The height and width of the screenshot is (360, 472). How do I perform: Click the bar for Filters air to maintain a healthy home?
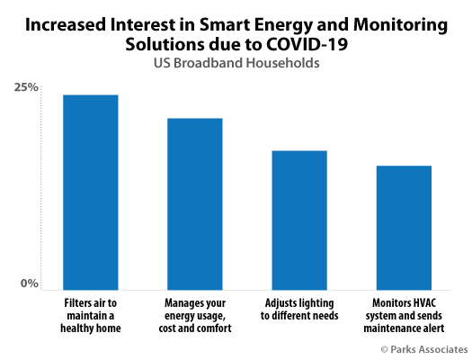click(91, 193)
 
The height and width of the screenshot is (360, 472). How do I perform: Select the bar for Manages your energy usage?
click(195, 204)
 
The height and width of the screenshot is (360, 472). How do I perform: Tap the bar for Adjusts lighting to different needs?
click(299, 220)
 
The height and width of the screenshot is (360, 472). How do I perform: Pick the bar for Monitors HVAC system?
click(404, 228)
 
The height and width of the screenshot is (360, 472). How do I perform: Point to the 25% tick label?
click(26, 87)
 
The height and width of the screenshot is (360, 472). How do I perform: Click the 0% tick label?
click(30, 283)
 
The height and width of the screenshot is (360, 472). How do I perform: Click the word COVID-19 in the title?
click(307, 45)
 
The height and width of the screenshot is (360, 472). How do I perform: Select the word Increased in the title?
click(66, 24)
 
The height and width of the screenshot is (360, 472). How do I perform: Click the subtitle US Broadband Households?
click(236, 63)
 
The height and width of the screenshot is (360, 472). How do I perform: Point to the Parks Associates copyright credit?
click(424, 349)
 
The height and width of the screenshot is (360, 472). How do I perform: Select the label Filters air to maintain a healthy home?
click(91, 316)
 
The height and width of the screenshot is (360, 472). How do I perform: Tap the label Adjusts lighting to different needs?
click(299, 310)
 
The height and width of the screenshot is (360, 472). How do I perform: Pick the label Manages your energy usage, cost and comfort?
click(195, 316)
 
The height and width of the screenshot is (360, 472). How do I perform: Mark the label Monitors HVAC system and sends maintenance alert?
click(404, 316)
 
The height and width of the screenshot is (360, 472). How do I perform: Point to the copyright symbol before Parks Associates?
click(384, 350)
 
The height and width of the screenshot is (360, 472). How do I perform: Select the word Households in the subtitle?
click(282, 63)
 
